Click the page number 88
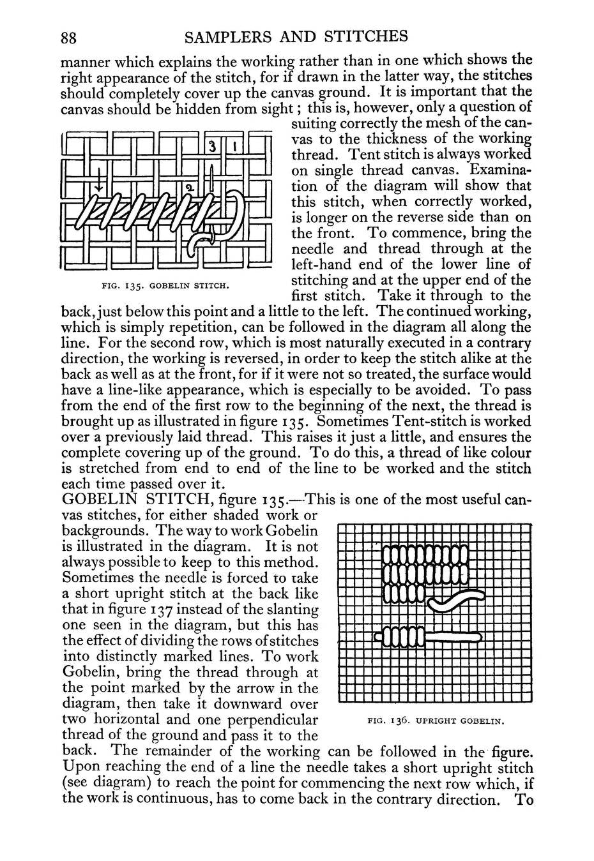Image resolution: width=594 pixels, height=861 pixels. point(69,37)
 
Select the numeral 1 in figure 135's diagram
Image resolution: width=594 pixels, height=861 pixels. point(235,147)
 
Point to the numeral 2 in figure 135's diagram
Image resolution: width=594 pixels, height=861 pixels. point(189,187)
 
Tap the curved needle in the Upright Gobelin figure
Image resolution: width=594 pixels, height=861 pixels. point(456,599)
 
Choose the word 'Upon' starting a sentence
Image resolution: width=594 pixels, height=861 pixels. point(79,767)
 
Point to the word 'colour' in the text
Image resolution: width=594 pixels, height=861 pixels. point(508,453)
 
